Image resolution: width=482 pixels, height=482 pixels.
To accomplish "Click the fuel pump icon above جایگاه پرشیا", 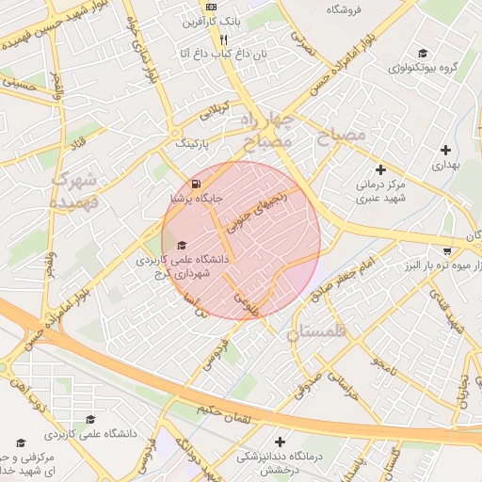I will tap(195, 184).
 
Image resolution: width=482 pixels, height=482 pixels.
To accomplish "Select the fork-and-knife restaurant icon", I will tap(223, 40).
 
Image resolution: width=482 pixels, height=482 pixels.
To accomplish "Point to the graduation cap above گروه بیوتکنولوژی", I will tap(423, 53).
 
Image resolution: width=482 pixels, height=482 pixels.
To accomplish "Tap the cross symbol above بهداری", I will tap(445, 149).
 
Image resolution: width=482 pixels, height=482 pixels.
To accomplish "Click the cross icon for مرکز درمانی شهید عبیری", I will tap(380, 169).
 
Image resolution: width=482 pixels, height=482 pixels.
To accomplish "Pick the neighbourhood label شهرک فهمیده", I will tap(72, 188).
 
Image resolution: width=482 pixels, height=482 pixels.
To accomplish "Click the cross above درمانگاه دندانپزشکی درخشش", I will tap(280, 441).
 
